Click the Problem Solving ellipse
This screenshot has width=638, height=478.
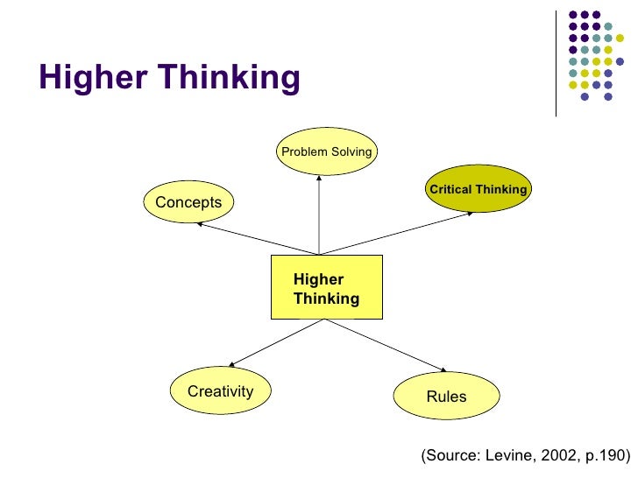pos(327,151)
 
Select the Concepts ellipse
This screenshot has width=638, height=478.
pos(188,202)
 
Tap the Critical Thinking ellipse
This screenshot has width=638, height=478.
pos(478,189)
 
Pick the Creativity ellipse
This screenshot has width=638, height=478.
pos(220,391)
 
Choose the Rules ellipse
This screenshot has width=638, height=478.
pos(446,397)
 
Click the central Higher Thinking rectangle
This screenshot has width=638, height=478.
pos(326,287)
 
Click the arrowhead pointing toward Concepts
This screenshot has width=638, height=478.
pos(200,223)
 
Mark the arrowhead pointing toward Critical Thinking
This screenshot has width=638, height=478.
pos(471,212)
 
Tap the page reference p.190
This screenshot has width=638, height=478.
pos(604,455)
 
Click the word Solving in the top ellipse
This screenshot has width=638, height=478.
pos(351,152)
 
